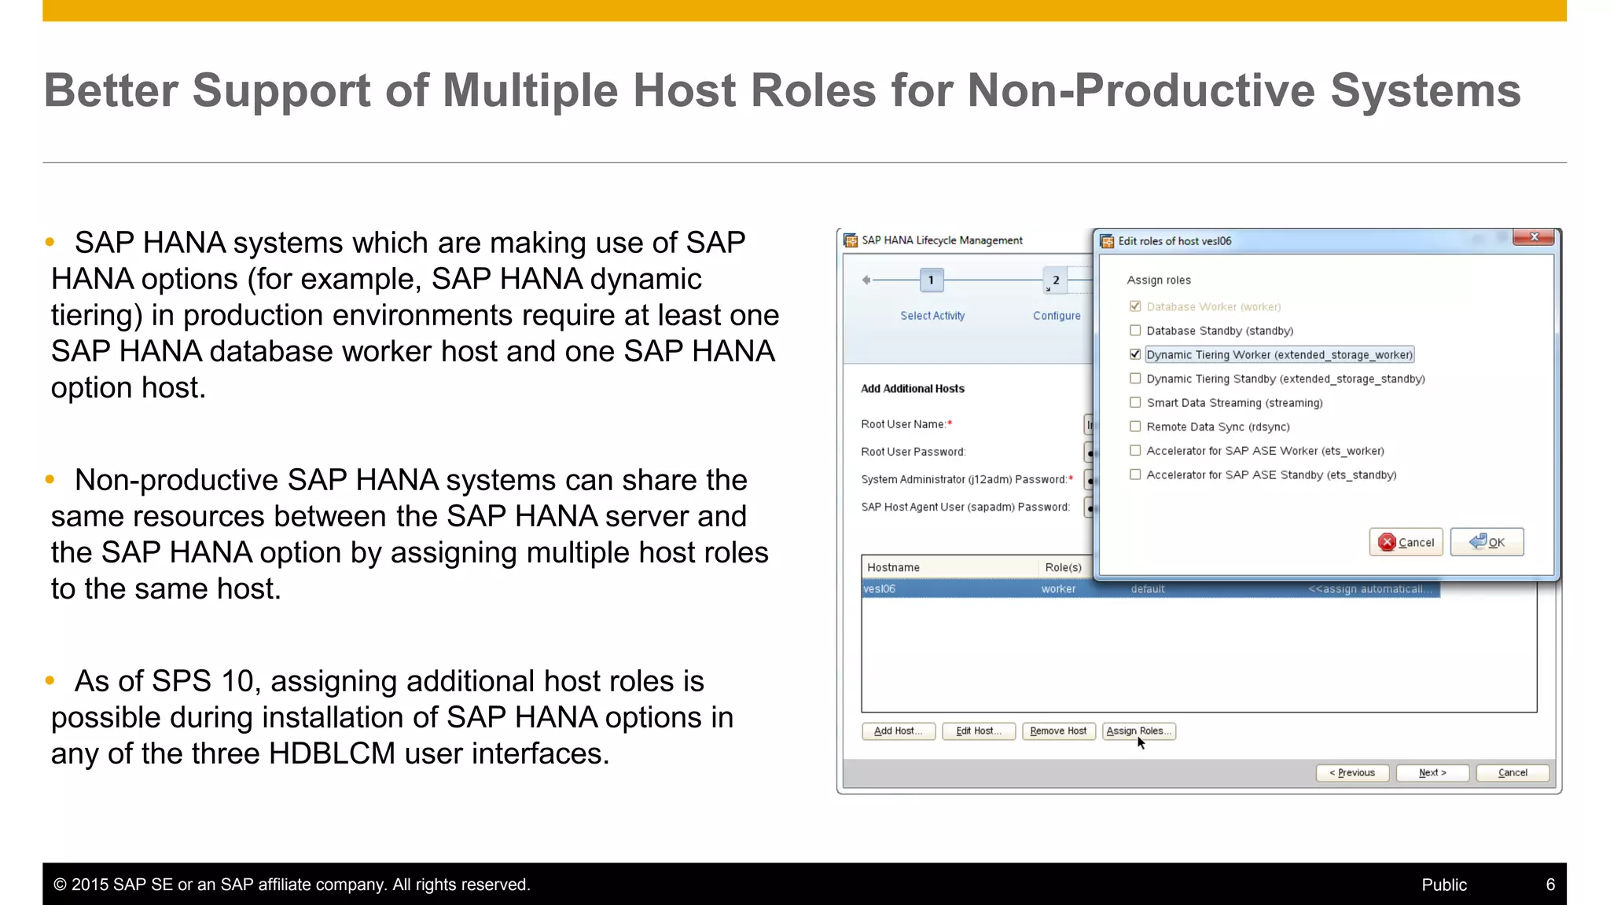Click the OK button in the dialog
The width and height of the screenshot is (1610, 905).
(1487, 542)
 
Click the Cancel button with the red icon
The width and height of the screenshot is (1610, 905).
(1406, 542)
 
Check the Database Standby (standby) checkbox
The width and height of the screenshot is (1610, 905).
(1135, 331)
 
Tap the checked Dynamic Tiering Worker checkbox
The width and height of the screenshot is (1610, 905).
(1135, 354)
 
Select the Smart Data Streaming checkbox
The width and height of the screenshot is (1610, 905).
(1135, 402)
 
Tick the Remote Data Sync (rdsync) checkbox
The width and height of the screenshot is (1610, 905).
(1135, 427)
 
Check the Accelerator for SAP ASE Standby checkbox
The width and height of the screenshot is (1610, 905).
(1135, 474)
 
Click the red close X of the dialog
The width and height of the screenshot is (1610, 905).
(1534, 237)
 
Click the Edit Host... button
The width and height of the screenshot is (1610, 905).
(978, 731)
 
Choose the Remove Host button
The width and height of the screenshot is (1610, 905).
(1058, 731)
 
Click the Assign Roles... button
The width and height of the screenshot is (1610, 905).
(1138, 731)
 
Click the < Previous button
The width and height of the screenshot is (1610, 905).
(1352, 773)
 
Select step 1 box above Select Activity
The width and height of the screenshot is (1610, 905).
(932, 280)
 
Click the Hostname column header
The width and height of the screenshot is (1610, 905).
(893, 567)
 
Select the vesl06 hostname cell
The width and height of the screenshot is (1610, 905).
(880, 589)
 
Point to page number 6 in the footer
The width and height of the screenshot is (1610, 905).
(1550, 885)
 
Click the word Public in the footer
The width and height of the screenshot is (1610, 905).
(1444, 885)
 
